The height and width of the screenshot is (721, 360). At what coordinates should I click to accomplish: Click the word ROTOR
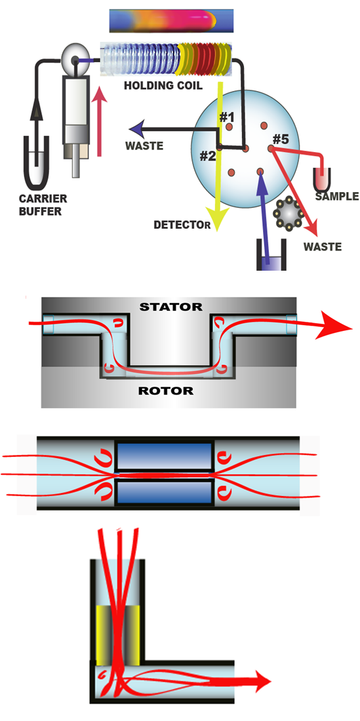pyautogui.click(x=167, y=391)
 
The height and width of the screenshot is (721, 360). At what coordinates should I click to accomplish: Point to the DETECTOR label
pyautogui.click(x=183, y=225)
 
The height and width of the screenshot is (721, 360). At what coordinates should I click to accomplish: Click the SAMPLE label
pyautogui.click(x=336, y=196)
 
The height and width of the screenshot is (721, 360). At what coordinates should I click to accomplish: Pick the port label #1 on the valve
pyautogui.click(x=227, y=118)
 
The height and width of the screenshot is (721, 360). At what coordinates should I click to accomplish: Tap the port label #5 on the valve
pyautogui.click(x=281, y=138)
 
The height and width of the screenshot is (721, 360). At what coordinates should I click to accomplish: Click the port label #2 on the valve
pyautogui.click(x=208, y=157)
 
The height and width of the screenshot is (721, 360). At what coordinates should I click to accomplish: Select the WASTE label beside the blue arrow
pyautogui.click(x=146, y=146)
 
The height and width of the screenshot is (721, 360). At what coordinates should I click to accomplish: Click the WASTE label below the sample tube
pyautogui.click(x=322, y=247)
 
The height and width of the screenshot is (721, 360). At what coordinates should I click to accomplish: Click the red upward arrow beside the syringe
pyautogui.click(x=98, y=125)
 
